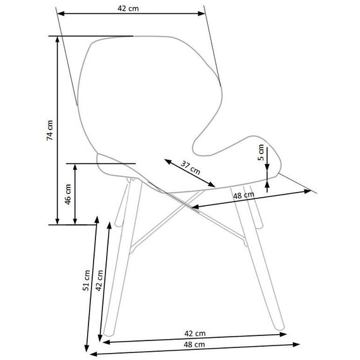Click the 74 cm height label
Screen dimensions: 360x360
pyautogui.click(x=50, y=130)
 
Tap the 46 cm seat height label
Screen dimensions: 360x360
pyautogui.click(x=68, y=194)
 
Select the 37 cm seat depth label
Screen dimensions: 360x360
pyautogui.click(x=190, y=167)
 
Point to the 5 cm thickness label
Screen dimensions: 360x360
pyautogui.click(x=261, y=152)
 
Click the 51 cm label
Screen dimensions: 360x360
pyautogui.click(x=86, y=280)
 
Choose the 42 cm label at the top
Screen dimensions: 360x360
pyautogui.click(x=128, y=8)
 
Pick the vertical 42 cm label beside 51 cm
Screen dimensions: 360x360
pyautogui.click(x=99, y=280)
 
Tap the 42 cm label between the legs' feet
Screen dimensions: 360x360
pyautogui.click(x=195, y=333)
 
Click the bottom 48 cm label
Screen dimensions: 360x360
pyautogui.click(x=195, y=344)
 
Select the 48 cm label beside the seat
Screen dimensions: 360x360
pyautogui.click(x=244, y=195)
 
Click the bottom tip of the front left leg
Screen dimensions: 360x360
pyautogui.click(x=108, y=334)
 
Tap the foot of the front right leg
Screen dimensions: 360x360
pyautogui.click(x=280, y=328)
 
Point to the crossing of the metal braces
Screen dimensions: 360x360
pyautogui.click(x=185, y=204)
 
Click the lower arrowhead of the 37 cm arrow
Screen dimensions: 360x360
pyautogui.click(x=212, y=184)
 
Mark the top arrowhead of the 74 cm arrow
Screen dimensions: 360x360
pyautogui.click(x=57, y=40)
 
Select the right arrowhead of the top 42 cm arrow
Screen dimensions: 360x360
pyautogui.click(x=201, y=13)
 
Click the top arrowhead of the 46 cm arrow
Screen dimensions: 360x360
pyautogui.click(x=75, y=167)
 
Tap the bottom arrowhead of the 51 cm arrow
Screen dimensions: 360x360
pyautogui.click(x=87, y=348)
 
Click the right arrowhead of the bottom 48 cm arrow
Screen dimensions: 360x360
pyautogui.click(x=296, y=344)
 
